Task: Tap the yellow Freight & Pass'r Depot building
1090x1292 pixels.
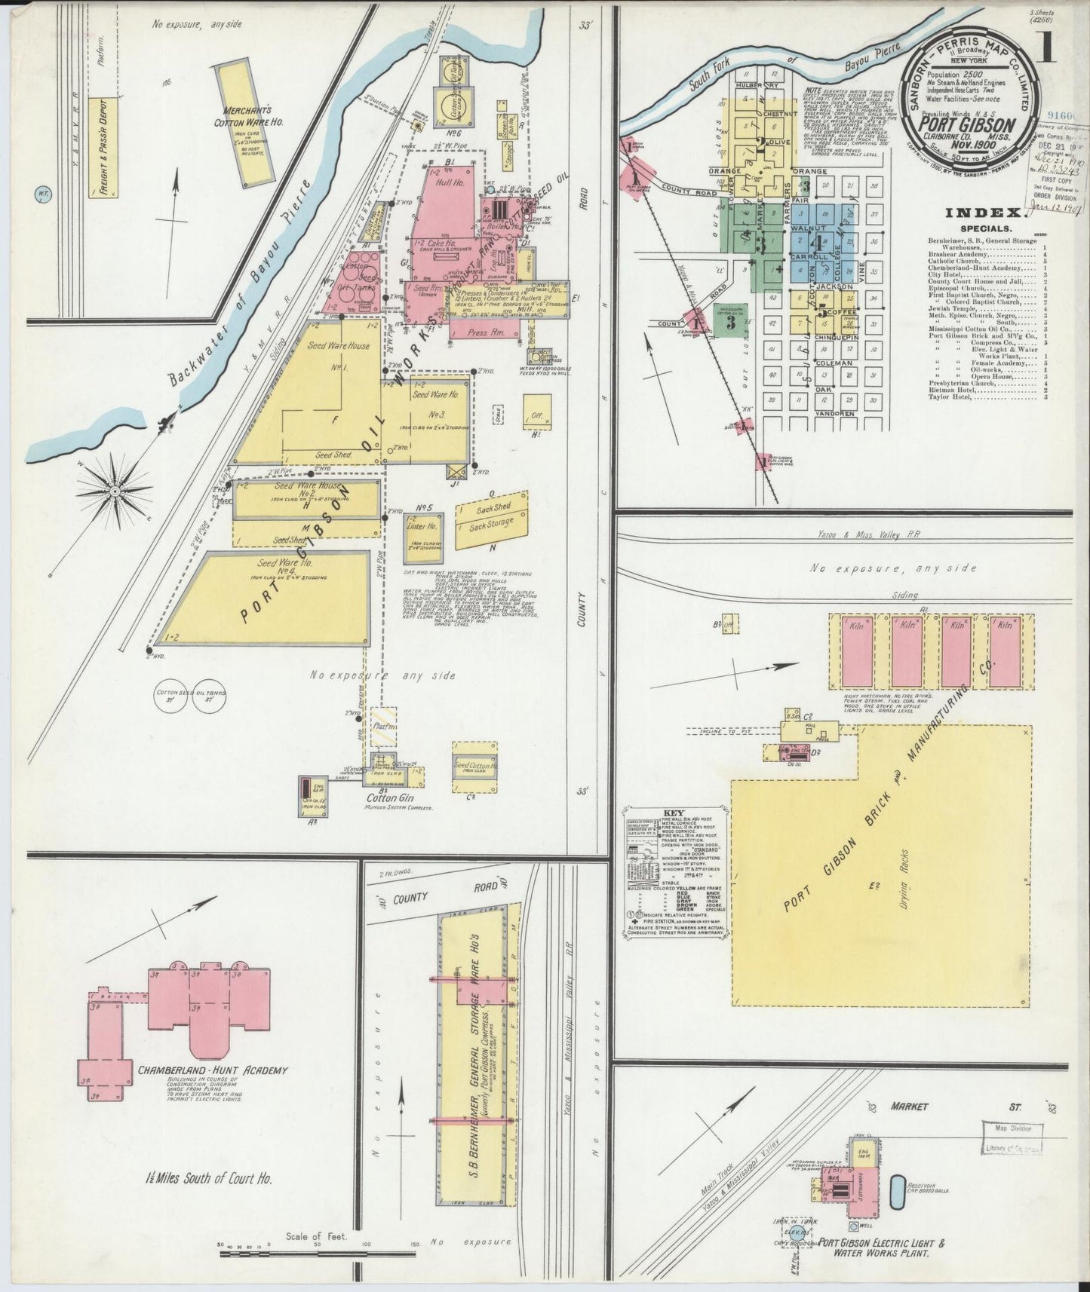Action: (x=103, y=148)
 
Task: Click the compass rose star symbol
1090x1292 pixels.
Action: (x=114, y=491)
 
